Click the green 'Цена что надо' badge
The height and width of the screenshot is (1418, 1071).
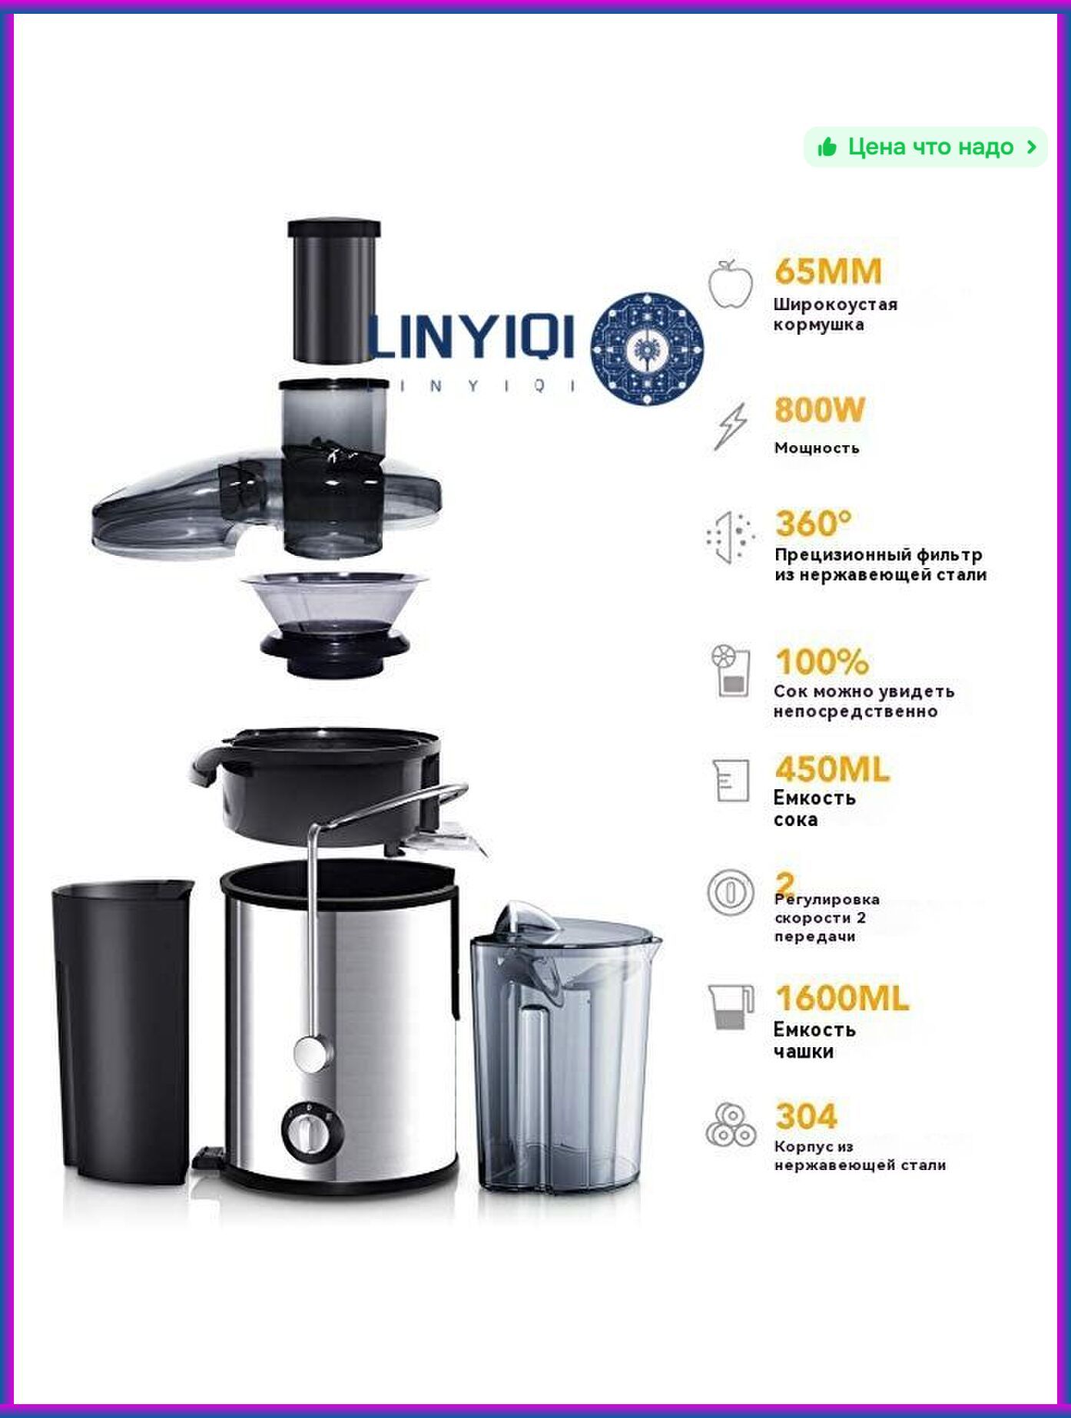[925, 147]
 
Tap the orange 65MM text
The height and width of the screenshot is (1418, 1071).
[828, 271]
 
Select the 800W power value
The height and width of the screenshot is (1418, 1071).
[820, 410]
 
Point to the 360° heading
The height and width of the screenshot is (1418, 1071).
[814, 524]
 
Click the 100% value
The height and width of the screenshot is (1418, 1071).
[822, 661]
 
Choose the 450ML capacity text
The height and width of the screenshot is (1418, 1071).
[832, 768]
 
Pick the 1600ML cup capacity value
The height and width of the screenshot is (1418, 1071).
[842, 998]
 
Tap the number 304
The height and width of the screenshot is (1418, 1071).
[806, 1116]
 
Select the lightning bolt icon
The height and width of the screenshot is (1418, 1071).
[731, 425]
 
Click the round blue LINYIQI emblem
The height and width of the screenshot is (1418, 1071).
[648, 349]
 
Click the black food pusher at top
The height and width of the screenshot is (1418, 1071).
[334, 291]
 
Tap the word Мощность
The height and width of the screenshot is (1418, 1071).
[817, 448]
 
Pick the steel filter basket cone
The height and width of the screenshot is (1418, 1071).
[334, 624]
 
